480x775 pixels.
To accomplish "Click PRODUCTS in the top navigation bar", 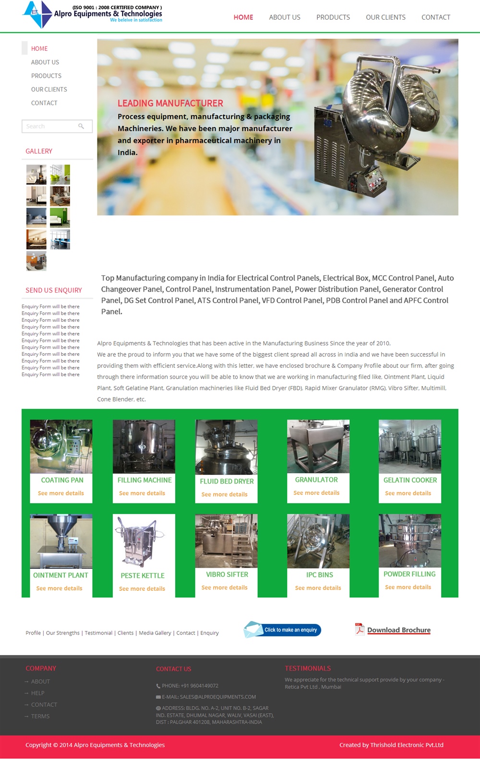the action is (x=333, y=17).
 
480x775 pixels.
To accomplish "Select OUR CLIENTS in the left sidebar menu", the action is (x=49, y=89).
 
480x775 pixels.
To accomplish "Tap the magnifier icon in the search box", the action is (x=81, y=126).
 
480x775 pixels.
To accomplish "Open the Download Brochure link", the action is (x=398, y=630).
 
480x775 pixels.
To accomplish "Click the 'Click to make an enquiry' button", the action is (x=283, y=630).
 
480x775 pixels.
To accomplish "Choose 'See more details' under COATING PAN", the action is (x=61, y=493).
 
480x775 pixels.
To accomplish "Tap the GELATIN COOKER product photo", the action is (x=410, y=446).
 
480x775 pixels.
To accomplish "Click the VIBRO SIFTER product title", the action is (x=227, y=575).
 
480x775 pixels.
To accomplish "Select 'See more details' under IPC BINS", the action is (x=318, y=588).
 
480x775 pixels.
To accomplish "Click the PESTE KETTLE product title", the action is (x=143, y=575).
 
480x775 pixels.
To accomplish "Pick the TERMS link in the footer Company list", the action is (x=40, y=716).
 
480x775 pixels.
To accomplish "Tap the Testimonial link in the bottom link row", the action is (x=98, y=633).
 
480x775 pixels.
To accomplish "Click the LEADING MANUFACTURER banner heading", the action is (x=170, y=103).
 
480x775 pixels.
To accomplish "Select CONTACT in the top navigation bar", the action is (x=436, y=17).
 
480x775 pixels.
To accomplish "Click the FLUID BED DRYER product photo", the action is (x=226, y=447).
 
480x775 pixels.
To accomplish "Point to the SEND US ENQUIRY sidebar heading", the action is (x=54, y=290).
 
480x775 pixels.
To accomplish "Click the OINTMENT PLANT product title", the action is (x=60, y=575).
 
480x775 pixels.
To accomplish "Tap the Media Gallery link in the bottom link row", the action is (x=155, y=633).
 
